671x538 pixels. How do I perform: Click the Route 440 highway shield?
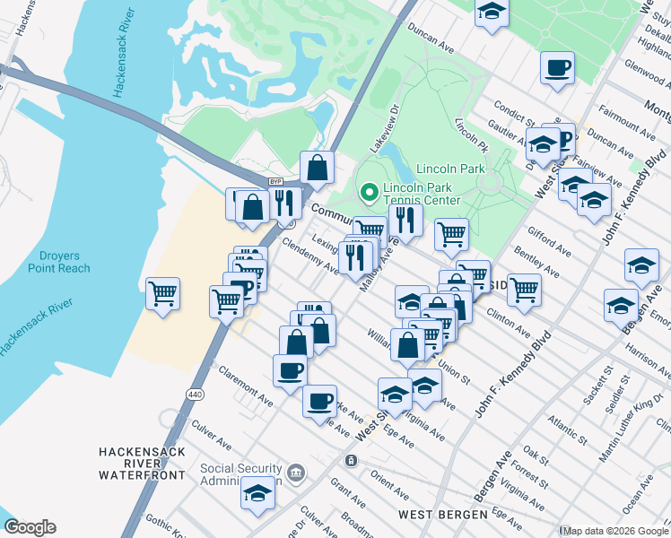tap(194, 394)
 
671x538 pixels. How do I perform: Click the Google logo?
tap(30, 527)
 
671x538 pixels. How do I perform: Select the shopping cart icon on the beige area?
tap(162, 292)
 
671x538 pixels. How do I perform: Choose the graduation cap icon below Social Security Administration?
tap(258, 493)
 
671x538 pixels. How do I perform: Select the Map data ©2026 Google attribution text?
tap(614, 530)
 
